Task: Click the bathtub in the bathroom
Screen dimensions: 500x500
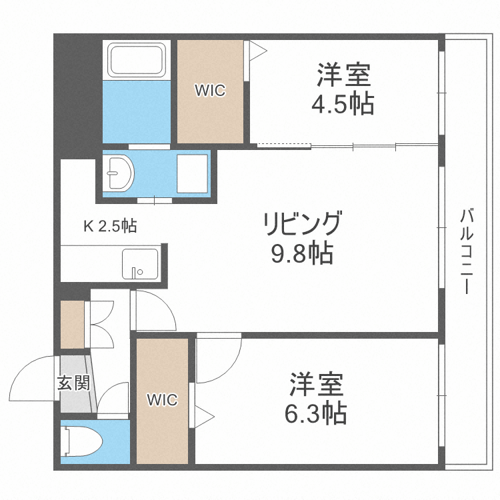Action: (x=137, y=60)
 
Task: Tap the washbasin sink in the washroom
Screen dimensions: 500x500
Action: (x=119, y=174)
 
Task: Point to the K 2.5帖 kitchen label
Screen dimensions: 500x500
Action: (x=109, y=227)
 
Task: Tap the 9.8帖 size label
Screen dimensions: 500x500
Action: (x=302, y=253)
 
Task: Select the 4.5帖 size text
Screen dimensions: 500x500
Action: (x=343, y=104)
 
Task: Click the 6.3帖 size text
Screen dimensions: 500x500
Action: (x=316, y=414)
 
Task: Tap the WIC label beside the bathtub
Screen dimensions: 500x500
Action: (x=210, y=91)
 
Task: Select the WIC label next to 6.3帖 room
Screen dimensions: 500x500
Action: (x=162, y=400)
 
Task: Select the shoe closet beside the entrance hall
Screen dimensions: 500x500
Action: (x=72, y=325)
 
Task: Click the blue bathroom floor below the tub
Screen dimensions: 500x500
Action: (x=137, y=111)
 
